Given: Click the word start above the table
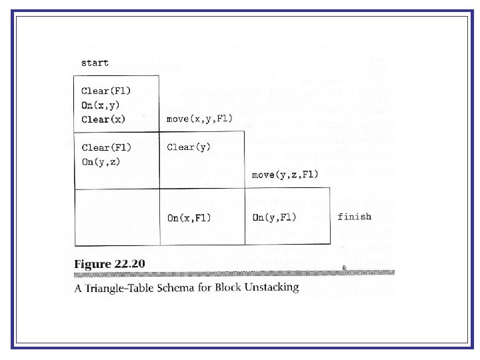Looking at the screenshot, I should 95,63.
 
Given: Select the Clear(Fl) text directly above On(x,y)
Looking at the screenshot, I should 107,91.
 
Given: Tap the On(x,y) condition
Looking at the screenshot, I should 101,105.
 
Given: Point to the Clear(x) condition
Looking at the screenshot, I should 103,119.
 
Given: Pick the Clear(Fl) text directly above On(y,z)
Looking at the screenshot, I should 107,147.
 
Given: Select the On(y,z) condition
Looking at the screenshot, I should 101,161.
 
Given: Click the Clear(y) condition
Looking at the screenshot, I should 189,147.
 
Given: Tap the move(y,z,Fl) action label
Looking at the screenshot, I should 285,175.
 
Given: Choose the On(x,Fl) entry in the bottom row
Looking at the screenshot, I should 189,217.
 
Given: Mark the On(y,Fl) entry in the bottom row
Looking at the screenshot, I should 275,217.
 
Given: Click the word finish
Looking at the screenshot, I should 355,217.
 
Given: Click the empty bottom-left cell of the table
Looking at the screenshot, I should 117,217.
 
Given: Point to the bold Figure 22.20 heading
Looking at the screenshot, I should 109,264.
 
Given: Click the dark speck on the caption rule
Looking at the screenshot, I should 343,269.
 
